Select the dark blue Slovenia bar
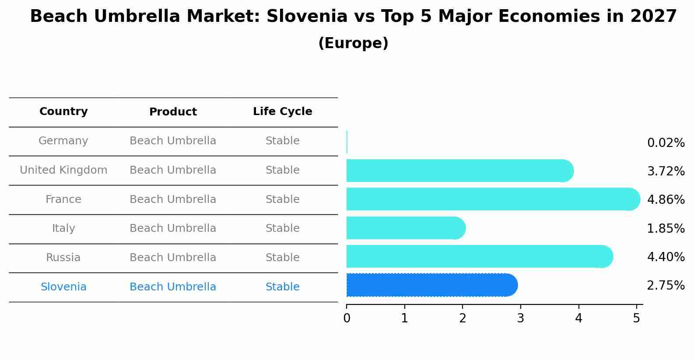[431, 285]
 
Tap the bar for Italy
[405, 228]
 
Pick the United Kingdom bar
[459, 171]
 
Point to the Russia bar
[479, 256]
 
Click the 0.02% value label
[666, 143]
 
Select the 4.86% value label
[666, 200]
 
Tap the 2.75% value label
[666, 286]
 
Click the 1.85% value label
[666, 228]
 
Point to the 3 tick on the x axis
[520, 318]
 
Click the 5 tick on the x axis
[637, 318]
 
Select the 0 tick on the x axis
[347, 318]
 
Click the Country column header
[63, 112]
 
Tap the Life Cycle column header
[282, 112]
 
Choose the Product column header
[173, 112]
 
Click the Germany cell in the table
[63, 141]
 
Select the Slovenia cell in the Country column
[63, 287]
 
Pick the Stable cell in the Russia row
[282, 258]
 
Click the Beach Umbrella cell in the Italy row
[173, 228]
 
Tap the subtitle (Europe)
[353, 43]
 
